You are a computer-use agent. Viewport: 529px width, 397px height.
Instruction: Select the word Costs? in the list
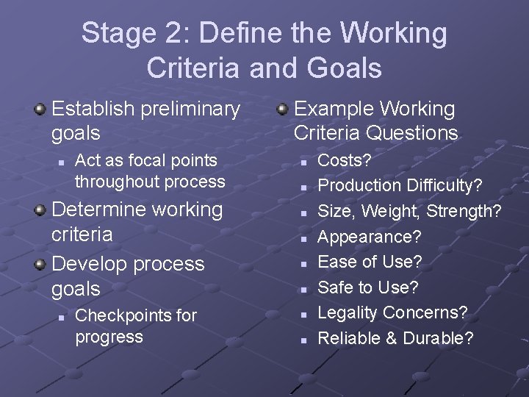(x=345, y=160)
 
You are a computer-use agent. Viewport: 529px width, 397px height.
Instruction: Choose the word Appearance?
(x=370, y=237)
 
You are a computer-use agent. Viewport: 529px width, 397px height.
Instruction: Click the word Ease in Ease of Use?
(x=336, y=261)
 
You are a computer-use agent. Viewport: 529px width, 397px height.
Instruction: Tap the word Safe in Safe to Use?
(x=336, y=287)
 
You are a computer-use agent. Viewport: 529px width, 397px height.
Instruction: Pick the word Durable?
(x=439, y=338)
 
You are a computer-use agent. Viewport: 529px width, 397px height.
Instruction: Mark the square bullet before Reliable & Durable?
(x=303, y=340)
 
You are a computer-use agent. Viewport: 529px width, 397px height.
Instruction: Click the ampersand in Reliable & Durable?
(x=392, y=338)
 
